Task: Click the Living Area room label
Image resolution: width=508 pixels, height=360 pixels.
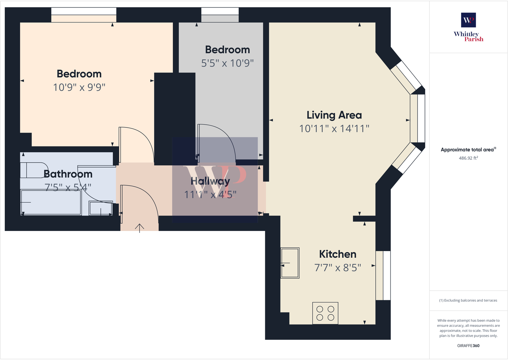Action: (334, 115)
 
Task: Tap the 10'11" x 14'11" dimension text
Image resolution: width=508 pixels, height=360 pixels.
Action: (334, 129)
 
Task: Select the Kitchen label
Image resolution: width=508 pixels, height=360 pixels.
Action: (338, 254)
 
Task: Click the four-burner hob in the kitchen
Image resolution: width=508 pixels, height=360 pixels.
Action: (325, 313)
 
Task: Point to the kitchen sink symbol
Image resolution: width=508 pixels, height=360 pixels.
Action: (290, 263)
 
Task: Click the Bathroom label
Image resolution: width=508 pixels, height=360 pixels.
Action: (68, 174)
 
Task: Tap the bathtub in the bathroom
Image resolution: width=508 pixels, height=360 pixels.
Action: (51, 202)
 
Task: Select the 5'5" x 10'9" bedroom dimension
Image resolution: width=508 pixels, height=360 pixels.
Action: (227, 63)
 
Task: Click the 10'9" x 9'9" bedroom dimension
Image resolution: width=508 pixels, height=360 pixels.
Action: (79, 87)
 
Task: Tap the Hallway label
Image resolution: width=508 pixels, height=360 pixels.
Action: (210, 181)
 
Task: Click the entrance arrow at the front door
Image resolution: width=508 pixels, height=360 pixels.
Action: (140, 227)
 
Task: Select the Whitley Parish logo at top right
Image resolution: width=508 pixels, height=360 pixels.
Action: (468, 27)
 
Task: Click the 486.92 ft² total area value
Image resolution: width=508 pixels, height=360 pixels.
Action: (468, 158)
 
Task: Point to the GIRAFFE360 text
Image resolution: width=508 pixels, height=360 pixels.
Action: (468, 346)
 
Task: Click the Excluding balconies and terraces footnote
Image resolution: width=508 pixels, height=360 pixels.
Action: (468, 300)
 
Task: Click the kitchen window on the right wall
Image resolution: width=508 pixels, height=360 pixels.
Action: (383, 275)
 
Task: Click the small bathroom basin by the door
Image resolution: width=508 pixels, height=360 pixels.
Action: (101, 208)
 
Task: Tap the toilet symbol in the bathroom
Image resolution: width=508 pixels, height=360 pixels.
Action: (34, 170)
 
